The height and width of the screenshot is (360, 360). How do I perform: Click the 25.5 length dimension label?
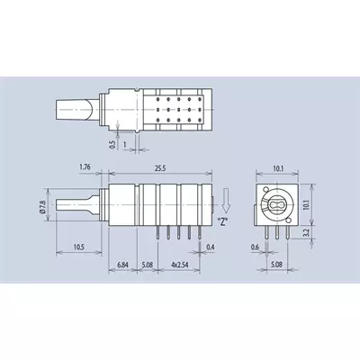(x=160, y=168)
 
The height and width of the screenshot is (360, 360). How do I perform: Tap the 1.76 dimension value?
(x=85, y=166)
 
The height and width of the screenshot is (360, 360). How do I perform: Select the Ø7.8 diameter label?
(x=43, y=207)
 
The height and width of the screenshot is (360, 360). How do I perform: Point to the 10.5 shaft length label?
(x=79, y=247)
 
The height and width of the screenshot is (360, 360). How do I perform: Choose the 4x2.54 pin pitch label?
(x=179, y=265)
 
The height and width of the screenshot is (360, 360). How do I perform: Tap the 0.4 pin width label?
(x=211, y=247)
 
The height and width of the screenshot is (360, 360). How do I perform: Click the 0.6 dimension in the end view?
(x=255, y=247)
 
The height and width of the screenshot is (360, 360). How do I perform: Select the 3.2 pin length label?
(x=306, y=233)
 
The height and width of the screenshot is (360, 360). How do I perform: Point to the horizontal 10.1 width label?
(x=278, y=169)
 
